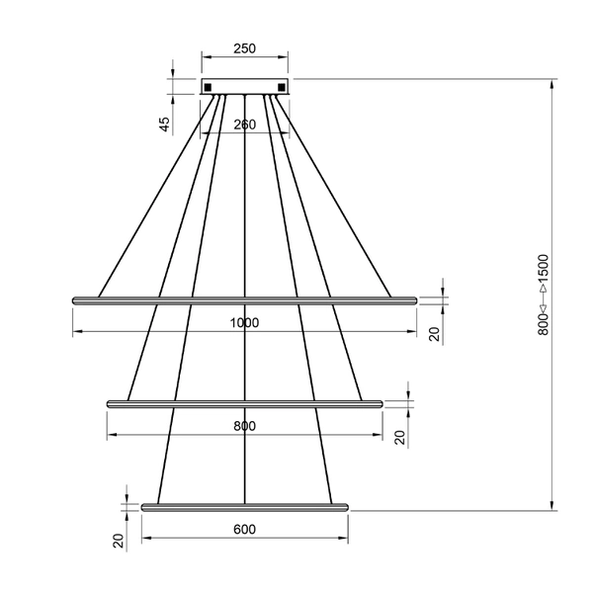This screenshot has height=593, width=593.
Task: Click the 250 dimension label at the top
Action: [245, 47]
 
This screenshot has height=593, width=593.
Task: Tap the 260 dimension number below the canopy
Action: [245, 125]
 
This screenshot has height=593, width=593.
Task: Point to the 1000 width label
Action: [245, 323]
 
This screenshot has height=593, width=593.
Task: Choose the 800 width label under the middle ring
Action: [245, 426]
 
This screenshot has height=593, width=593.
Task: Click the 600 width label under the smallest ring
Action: [245, 530]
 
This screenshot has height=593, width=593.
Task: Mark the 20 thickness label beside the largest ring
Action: [434, 333]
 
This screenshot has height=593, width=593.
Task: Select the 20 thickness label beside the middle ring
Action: [400, 437]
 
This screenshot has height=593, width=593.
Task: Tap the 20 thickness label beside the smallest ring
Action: [118, 541]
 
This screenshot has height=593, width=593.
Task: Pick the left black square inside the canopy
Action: [210, 87]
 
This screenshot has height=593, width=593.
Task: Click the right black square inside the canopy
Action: [282, 87]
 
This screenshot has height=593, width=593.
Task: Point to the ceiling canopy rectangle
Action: [245, 87]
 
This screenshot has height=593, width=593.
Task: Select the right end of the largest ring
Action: [415, 298]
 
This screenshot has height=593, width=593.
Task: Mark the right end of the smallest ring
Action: [346, 507]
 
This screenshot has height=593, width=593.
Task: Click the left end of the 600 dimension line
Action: [143, 540]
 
